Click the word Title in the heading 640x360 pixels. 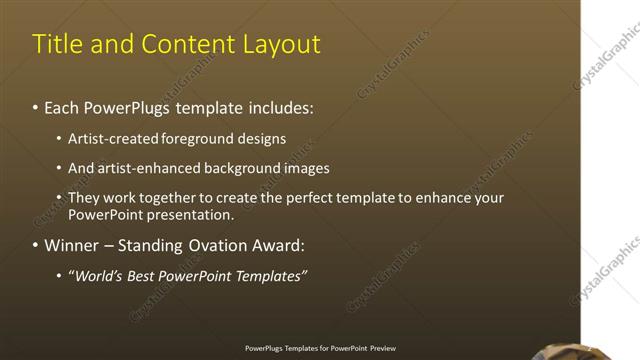pyautogui.click(x=58, y=44)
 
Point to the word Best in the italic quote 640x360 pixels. pyautogui.click(x=137, y=275)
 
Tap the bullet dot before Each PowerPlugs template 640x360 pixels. pyautogui.click(x=35, y=106)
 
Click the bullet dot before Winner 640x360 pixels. pyautogui.click(x=35, y=246)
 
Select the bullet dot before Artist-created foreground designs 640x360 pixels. pyautogui.click(x=59, y=140)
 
